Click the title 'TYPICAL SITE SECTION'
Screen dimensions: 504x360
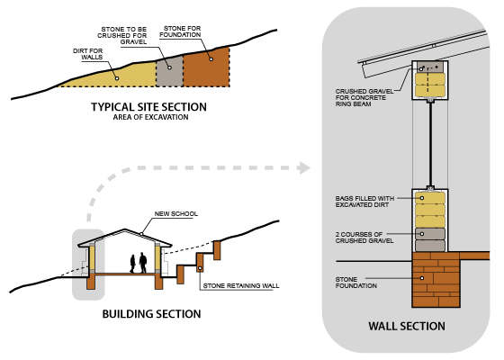(x=148, y=107)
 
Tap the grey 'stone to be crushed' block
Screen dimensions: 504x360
(x=169, y=71)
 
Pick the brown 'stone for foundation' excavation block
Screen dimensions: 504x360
(x=206, y=67)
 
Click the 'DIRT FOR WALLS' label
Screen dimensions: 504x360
(x=88, y=54)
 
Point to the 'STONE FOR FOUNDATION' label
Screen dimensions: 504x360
(x=180, y=31)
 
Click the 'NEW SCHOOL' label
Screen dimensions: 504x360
(x=176, y=214)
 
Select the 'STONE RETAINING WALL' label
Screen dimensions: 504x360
(x=241, y=285)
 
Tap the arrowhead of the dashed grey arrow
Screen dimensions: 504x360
(x=303, y=167)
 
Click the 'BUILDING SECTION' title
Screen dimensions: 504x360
(x=151, y=314)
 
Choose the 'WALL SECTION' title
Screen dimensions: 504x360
(x=407, y=326)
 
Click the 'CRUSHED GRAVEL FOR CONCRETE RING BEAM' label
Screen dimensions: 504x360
(x=364, y=98)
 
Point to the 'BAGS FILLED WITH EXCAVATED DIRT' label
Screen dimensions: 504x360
(x=364, y=202)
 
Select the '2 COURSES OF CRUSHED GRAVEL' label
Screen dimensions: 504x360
(x=364, y=238)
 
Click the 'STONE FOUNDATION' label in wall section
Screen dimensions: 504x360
(x=356, y=283)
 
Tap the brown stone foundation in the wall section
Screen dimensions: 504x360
(x=436, y=280)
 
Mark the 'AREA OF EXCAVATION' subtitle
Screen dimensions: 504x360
(x=150, y=117)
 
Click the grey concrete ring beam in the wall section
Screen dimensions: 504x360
(x=430, y=67)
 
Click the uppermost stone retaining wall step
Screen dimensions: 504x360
(x=217, y=250)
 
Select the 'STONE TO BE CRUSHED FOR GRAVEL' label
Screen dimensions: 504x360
(x=122, y=35)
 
